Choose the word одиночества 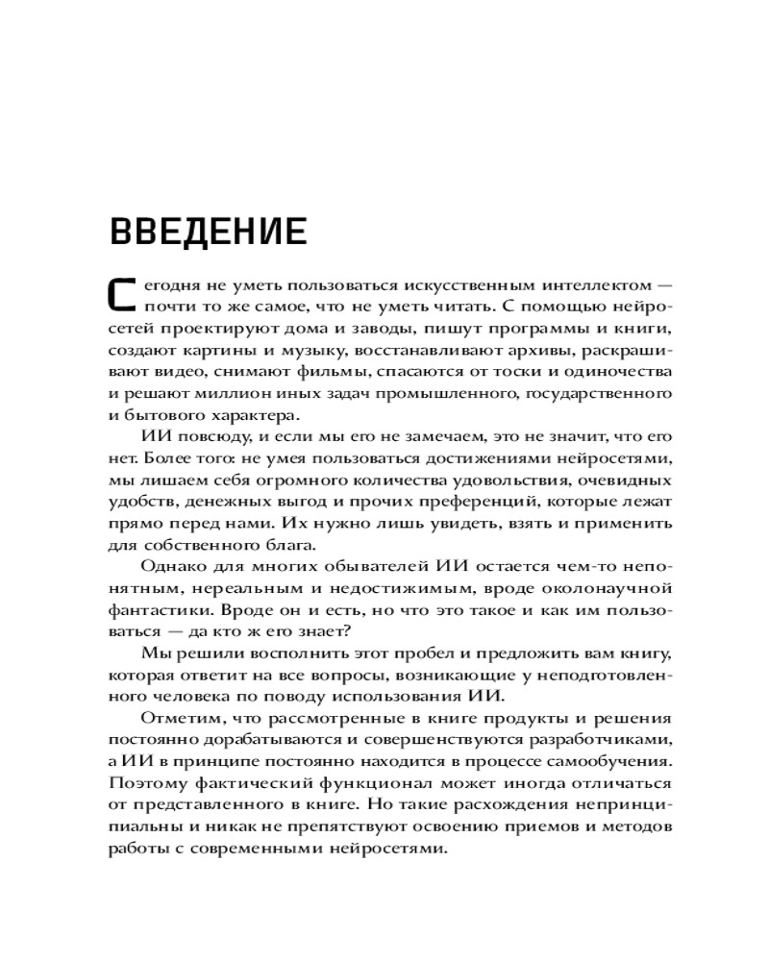pos(613,372)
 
